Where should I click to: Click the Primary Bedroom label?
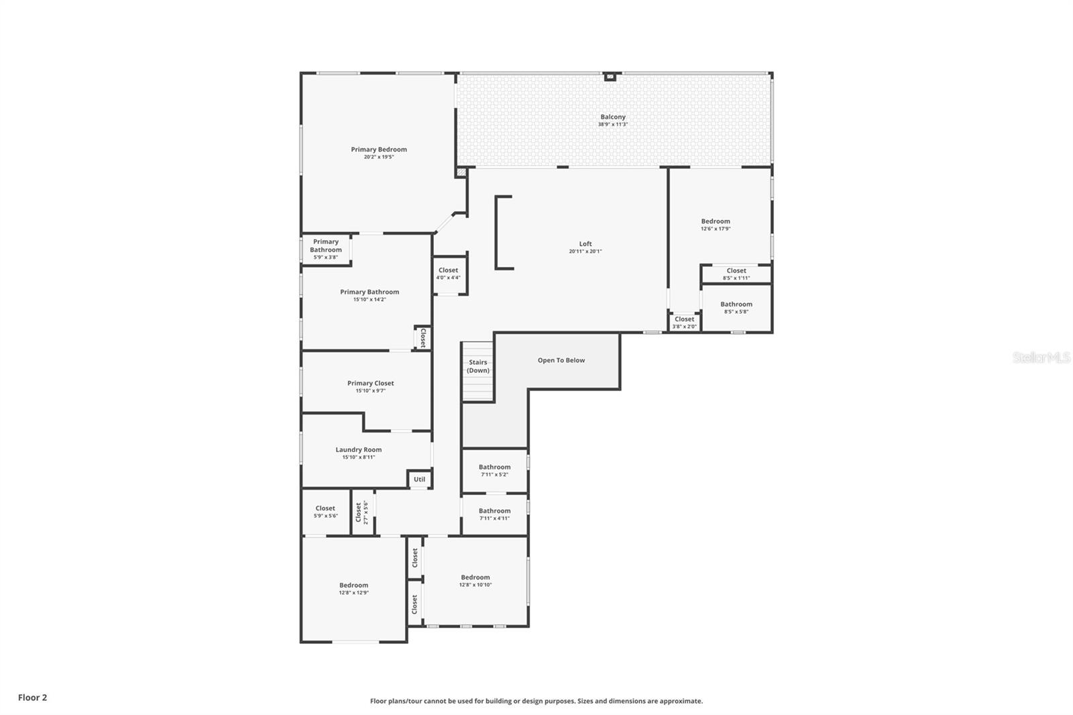point(379,150)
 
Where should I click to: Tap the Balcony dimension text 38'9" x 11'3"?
point(613,125)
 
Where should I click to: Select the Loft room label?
point(585,244)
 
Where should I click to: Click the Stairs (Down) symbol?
point(477,371)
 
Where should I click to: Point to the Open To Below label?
point(561,360)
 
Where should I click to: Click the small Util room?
point(419,479)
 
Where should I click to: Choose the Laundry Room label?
point(359,450)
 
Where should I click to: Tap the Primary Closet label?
point(370,383)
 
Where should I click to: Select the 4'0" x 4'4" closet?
point(448,274)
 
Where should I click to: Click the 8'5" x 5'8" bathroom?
point(736,307)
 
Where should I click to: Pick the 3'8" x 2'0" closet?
point(684,323)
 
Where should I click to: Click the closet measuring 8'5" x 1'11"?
point(736,274)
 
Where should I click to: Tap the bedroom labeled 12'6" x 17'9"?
point(716,225)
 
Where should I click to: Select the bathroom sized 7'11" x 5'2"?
point(494,470)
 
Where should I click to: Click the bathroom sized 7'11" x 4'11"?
point(494,514)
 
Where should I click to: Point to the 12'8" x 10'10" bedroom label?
point(475,581)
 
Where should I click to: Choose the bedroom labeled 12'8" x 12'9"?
point(353,588)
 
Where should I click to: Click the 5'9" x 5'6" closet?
point(325,512)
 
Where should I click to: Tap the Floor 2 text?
point(32,698)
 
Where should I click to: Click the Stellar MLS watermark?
point(1041,358)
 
